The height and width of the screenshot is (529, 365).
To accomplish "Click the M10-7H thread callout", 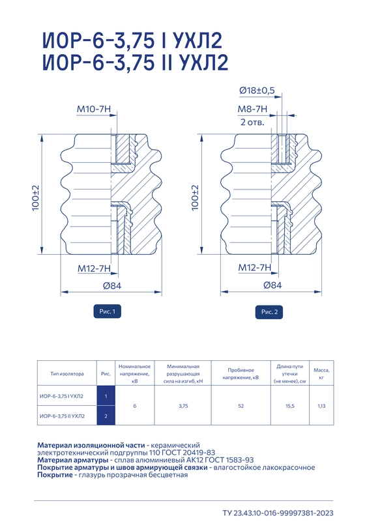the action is [93, 109].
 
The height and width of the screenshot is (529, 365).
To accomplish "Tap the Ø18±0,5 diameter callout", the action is [257, 91].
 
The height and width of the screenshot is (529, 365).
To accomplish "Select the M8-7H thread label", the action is [252, 109].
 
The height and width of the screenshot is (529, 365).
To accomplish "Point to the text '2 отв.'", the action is [252, 122].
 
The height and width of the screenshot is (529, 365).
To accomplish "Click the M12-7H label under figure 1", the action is [95, 268].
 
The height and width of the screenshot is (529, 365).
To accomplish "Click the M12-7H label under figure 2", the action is [255, 268].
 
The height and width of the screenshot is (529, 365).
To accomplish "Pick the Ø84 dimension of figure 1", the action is [111, 286].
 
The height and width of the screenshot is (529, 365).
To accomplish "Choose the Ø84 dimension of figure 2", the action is [272, 285].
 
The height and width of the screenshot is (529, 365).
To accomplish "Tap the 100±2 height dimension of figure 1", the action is [36, 198].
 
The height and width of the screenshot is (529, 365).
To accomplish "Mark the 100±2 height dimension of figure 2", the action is [195, 197].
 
